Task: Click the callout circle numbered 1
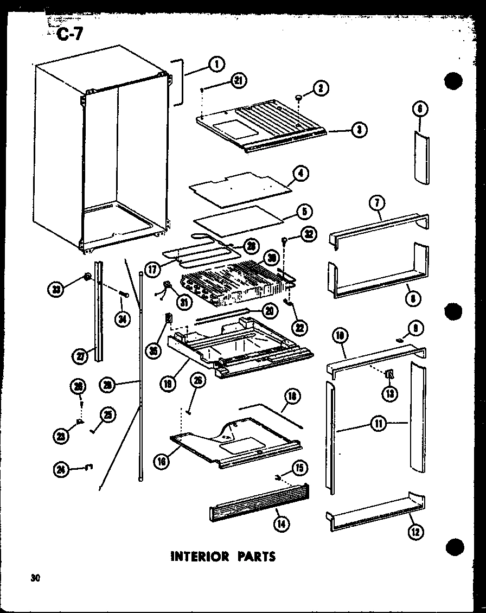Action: pos(216,65)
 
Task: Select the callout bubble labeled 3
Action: pos(359,130)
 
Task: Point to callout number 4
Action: pos(300,174)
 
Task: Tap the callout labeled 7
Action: pos(376,204)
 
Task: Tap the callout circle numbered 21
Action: pos(238,81)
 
